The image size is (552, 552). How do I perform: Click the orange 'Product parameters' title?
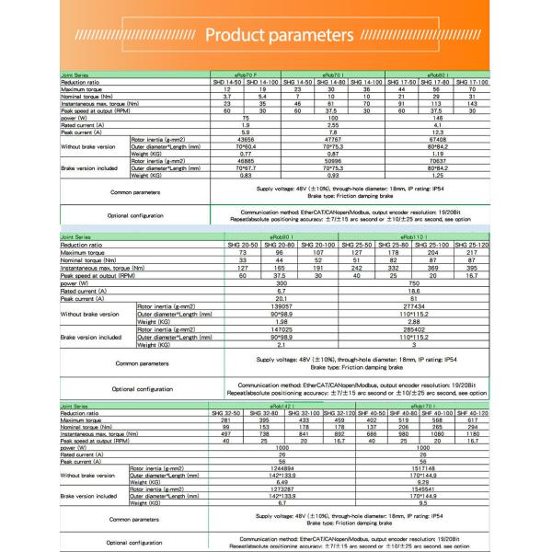276,37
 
